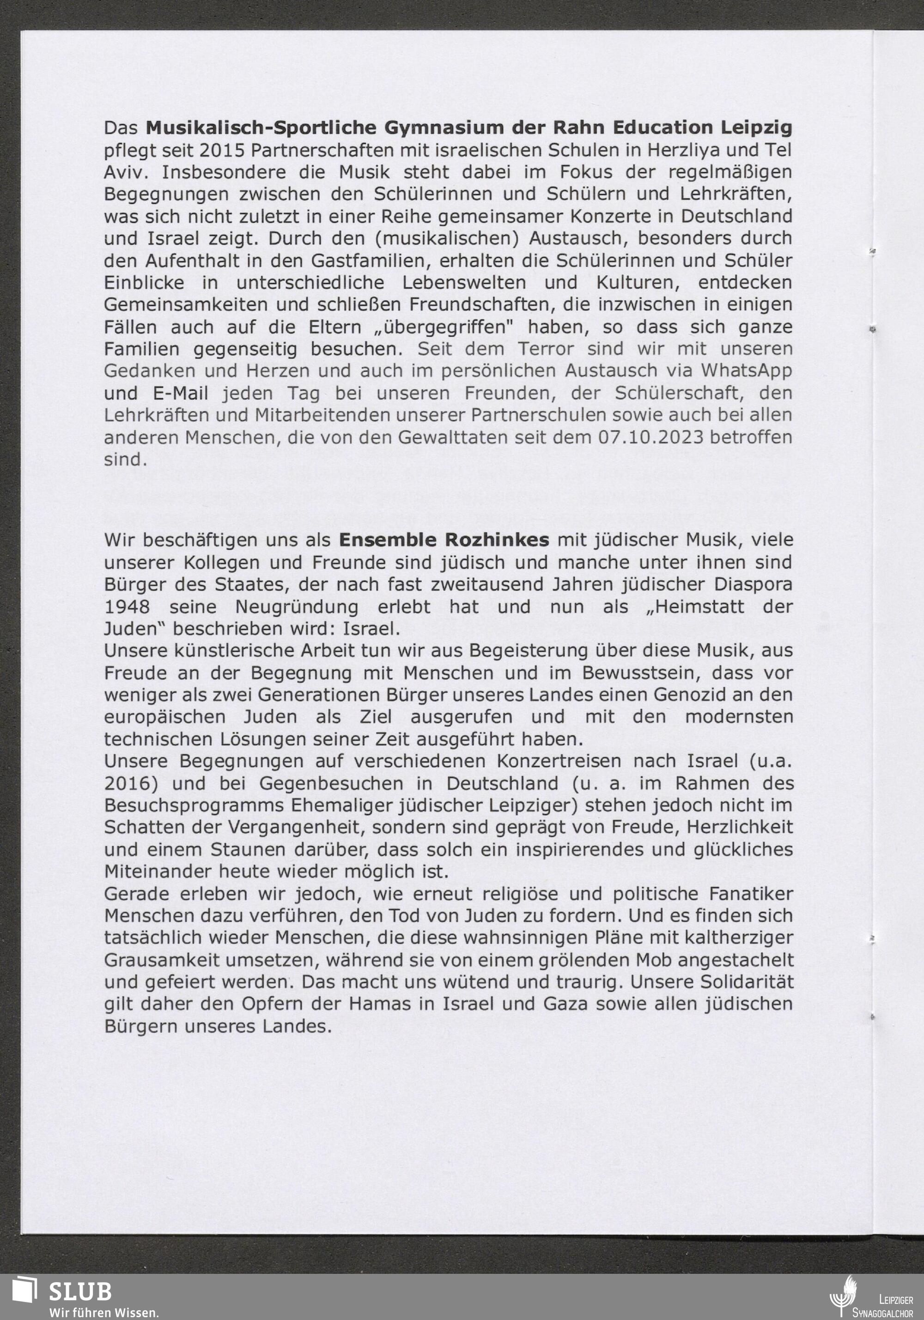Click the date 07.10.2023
point(651,437)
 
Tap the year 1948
point(127,606)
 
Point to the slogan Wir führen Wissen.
point(103,1312)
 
